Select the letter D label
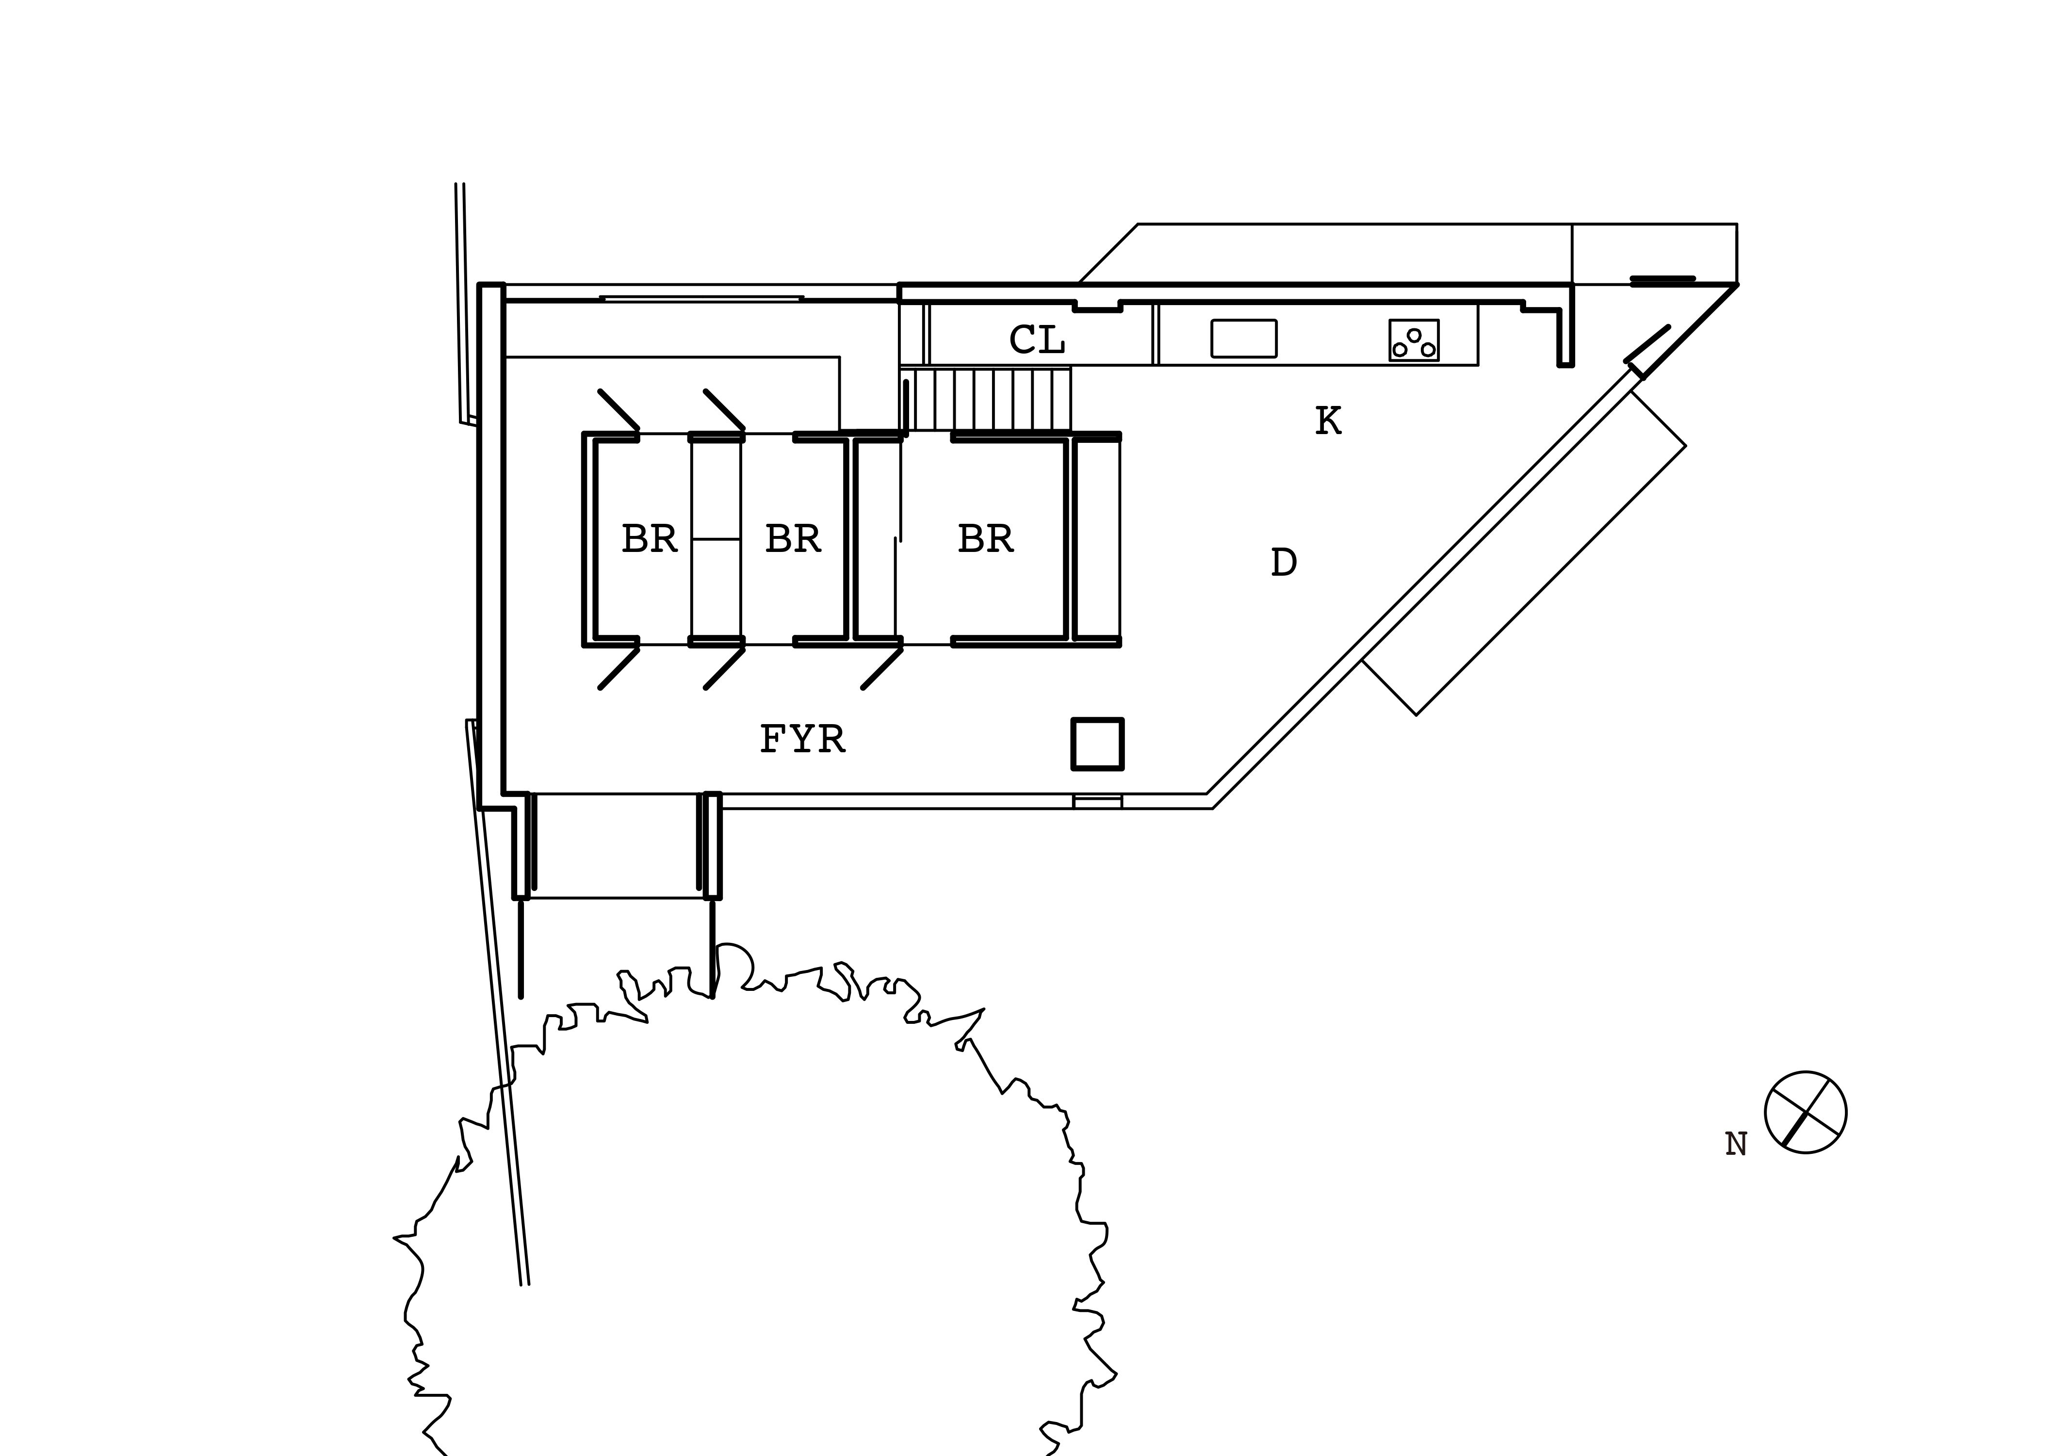(1284, 562)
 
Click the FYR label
(802, 739)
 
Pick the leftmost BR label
(649, 539)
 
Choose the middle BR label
(793, 539)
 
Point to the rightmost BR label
(985, 539)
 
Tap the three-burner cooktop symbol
(1414, 340)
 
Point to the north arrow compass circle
(1806, 1112)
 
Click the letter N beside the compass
(1736, 1144)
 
